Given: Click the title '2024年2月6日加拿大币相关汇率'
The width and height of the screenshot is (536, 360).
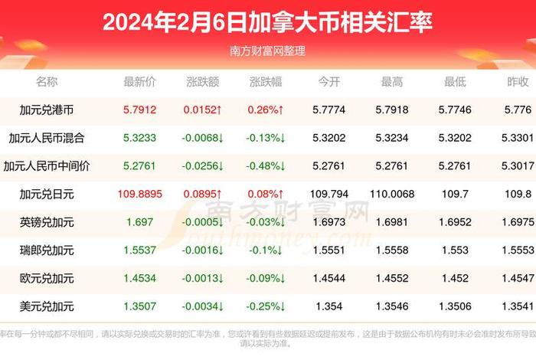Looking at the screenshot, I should (x=267, y=22).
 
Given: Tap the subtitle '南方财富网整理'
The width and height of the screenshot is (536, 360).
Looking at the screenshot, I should (x=267, y=51).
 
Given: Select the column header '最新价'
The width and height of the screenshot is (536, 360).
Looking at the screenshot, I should (x=140, y=82).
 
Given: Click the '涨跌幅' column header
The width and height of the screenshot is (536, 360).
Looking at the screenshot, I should (x=266, y=82).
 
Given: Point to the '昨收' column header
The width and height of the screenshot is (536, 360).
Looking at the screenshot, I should (x=518, y=82).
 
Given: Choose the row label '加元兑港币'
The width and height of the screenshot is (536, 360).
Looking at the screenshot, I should (x=47, y=110).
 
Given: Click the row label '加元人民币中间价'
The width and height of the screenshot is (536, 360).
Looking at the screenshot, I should (x=47, y=165).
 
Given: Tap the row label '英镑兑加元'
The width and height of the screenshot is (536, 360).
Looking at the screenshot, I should (x=47, y=222).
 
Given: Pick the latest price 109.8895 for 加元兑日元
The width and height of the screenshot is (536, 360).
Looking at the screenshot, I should (x=140, y=195).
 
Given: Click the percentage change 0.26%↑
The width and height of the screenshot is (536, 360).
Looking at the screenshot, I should (x=266, y=110).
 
